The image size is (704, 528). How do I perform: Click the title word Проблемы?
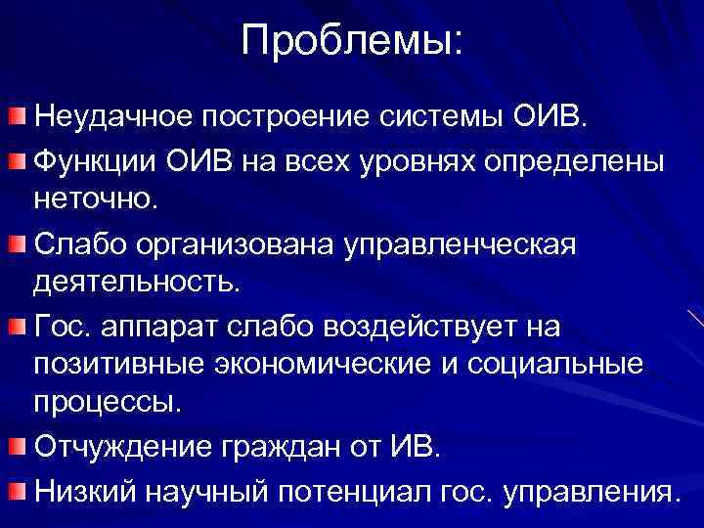coord(352,41)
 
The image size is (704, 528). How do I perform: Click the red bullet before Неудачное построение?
coord(19,119)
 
